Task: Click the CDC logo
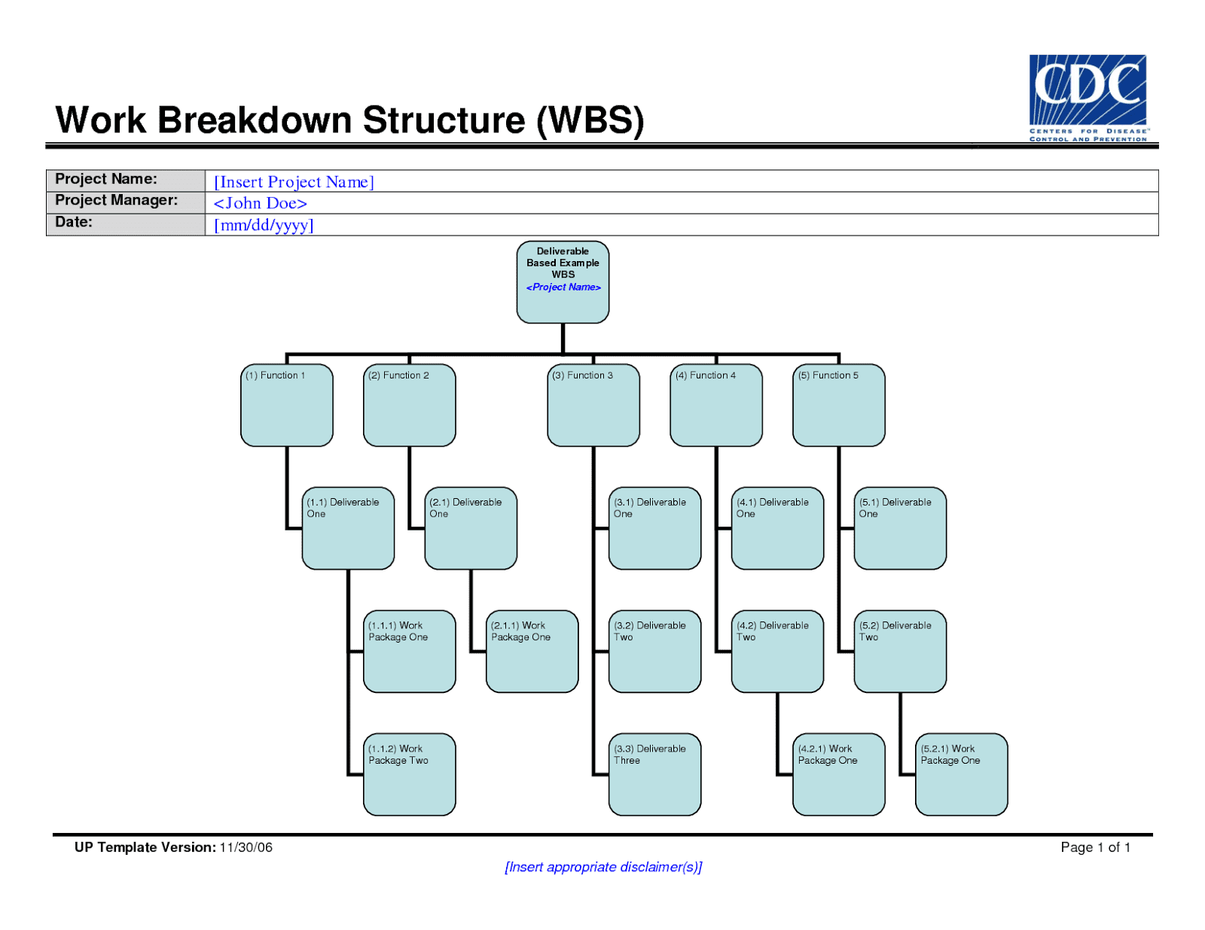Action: pyautogui.click(x=1088, y=97)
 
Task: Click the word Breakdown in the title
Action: pyautogui.click(x=255, y=120)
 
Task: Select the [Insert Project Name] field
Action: pyautogui.click(x=294, y=181)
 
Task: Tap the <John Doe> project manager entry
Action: pyautogui.click(x=260, y=203)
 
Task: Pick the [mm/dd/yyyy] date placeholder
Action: pyautogui.click(x=264, y=225)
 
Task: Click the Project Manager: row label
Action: pyautogui.click(x=117, y=200)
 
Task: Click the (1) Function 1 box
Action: pyautogui.click(x=286, y=405)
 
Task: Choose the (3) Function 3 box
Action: pyautogui.click(x=593, y=405)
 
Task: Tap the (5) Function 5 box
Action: pyautogui.click(x=838, y=405)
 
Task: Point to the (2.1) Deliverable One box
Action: pyautogui.click(x=471, y=528)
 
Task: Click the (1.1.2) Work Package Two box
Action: pyautogui.click(x=409, y=774)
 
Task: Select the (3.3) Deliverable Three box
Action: pyautogui.click(x=654, y=774)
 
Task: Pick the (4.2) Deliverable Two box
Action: pyautogui.click(x=777, y=651)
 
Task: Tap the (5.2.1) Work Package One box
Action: pyautogui.click(x=961, y=774)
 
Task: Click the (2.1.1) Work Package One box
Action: pyautogui.click(x=532, y=651)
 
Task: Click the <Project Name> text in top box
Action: pyautogui.click(x=563, y=287)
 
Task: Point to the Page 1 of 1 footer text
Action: pyautogui.click(x=1095, y=847)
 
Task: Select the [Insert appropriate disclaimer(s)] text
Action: pyautogui.click(x=602, y=867)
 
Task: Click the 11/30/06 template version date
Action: pyautogui.click(x=246, y=847)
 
